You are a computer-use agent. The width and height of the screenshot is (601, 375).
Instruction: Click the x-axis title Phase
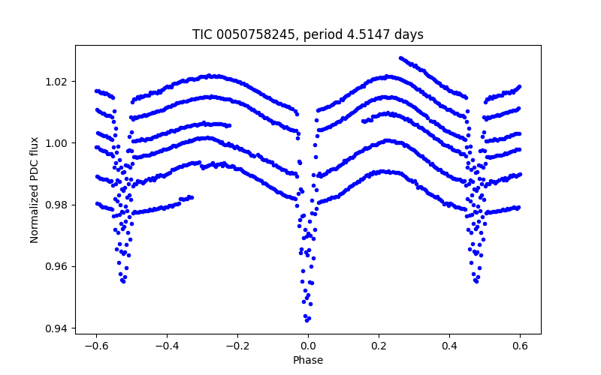[x=308, y=360]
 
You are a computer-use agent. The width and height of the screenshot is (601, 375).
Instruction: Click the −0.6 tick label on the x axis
[x=96, y=346]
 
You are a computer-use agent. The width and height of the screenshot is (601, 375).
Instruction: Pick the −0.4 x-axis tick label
[x=167, y=346]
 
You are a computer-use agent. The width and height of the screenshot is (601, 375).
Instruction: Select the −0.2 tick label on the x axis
[x=237, y=346]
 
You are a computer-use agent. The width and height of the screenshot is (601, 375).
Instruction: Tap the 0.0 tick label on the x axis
[x=308, y=346]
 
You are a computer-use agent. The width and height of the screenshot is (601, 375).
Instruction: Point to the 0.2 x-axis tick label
[x=379, y=346]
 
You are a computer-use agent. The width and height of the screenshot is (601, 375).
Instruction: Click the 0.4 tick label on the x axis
[x=449, y=346]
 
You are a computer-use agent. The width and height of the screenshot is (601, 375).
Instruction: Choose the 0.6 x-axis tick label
[x=520, y=346]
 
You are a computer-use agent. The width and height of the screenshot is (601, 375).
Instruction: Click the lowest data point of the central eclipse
[x=307, y=320]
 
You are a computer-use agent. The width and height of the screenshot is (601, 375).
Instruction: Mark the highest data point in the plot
[x=400, y=58]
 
